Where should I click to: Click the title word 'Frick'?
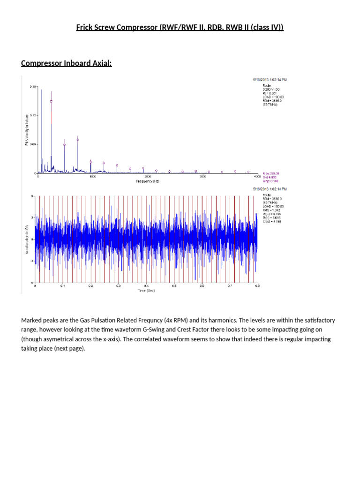click(85, 27)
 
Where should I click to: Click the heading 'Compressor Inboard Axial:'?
click(67, 63)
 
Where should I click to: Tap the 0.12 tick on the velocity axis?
click(32, 115)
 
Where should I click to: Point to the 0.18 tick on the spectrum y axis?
click(32, 87)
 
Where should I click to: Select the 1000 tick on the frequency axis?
click(93, 177)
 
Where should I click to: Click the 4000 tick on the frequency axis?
click(257, 177)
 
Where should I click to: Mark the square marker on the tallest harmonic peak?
click(52, 101)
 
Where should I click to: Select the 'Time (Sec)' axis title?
click(146, 291)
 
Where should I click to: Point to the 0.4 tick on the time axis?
click(146, 285)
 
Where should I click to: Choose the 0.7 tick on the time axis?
click(229, 285)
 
